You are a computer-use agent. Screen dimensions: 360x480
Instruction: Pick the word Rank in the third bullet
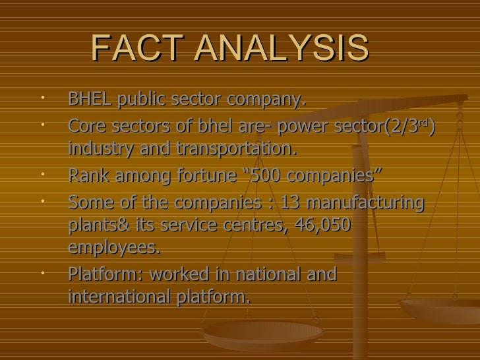point(88,175)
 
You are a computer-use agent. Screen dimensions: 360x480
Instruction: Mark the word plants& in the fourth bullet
point(95,225)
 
